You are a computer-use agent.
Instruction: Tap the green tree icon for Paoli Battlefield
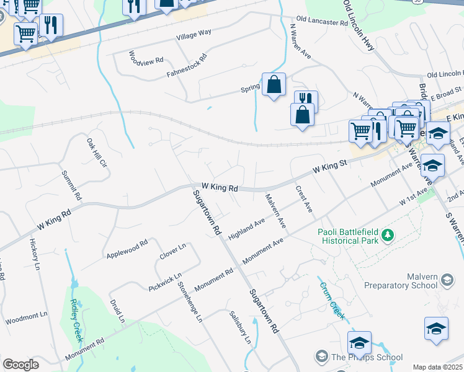pos(388,234)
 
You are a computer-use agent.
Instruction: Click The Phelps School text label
pos(367,357)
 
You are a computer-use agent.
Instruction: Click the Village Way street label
pos(194,32)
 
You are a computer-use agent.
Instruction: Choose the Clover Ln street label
pos(172,252)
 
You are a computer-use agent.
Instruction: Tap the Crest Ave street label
pos(303,199)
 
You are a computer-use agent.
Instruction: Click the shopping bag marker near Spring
pos(274,84)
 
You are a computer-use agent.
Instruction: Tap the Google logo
pos(20,365)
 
